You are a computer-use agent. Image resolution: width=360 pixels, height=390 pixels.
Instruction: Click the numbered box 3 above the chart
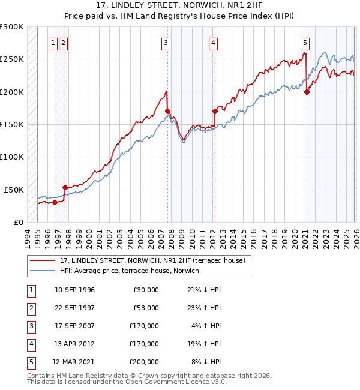[165, 43]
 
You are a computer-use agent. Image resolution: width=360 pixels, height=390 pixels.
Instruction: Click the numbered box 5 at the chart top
[305, 43]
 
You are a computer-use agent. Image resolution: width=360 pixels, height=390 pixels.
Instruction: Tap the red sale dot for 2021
[307, 92]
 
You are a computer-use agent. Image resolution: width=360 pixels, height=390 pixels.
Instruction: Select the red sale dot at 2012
[215, 111]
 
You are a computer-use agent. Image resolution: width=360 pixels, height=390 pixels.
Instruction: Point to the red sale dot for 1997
[65, 187]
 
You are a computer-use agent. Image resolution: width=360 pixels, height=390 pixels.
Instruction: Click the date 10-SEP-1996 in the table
[74, 290]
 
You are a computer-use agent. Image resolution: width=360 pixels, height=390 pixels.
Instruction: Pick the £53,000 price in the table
[145, 308]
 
